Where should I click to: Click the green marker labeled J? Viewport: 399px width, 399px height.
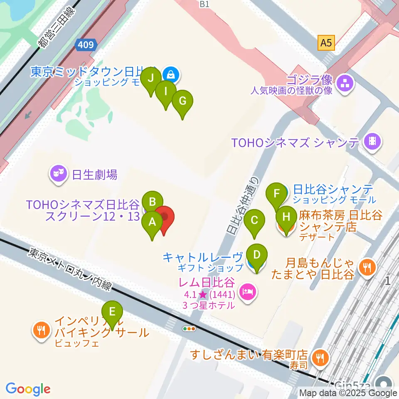click(x=151, y=78)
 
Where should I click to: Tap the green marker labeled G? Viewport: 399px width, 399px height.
click(x=182, y=101)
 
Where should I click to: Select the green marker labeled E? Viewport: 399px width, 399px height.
click(x=112, y=312)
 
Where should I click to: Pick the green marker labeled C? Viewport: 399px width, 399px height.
click(x=255, y=220)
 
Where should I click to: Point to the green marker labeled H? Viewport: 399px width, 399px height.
click(x=286, y=217)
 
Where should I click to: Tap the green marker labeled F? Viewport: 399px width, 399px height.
click(x=275, y=194)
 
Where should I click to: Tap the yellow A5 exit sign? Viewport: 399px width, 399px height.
click(x=326, y=42)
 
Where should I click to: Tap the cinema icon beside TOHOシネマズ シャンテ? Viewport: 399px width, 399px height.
click(x=373, y=142)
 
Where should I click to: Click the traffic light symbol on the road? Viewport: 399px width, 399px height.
click(x=189, y=329)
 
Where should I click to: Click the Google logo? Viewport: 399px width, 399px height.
click(x=28, y=389)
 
